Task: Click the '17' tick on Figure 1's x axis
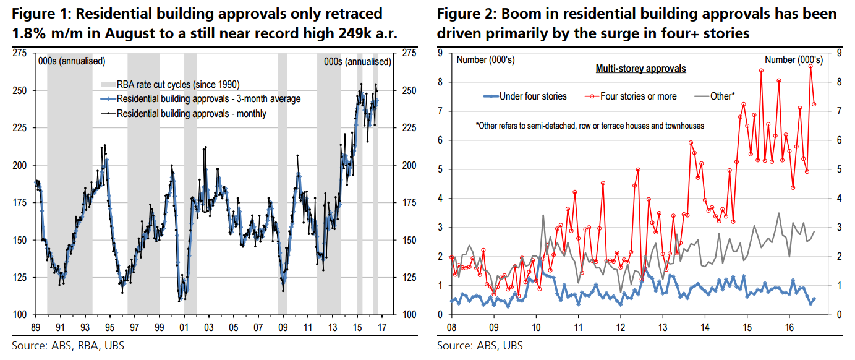click(x=382, y=326)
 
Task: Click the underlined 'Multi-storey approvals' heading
click(x=640, y=69)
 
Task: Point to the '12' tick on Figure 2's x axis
click(x=620, y=326)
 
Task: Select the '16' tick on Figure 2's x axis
click(x=789, y=326)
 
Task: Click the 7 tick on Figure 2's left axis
click(x=440, y=111)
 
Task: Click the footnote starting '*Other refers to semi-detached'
click(x=590, y=126)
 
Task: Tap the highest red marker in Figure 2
click(x=810, y=66)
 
